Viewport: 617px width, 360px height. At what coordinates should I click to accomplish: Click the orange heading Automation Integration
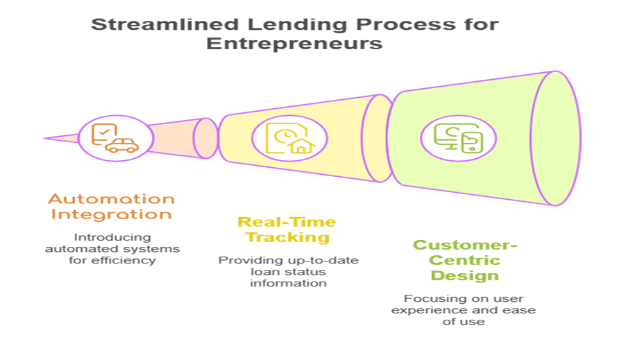[111, 207]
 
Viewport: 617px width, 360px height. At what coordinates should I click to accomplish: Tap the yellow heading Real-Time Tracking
[287, 230]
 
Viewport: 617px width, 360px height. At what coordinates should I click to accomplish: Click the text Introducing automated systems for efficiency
[112, 248]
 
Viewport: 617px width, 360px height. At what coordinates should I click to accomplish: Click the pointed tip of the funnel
[45, 137]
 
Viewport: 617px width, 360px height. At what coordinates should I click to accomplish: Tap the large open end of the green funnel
[556, 138]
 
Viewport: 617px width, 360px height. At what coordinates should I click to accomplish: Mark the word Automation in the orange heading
[111, 199]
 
